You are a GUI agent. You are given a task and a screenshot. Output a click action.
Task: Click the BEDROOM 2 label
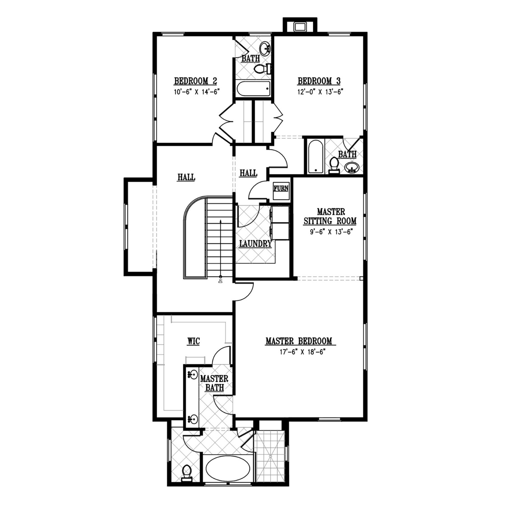point(196,81)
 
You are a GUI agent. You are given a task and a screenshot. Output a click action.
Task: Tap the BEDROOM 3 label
point(319,81)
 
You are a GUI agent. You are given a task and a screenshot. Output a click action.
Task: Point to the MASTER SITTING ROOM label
point(330,216)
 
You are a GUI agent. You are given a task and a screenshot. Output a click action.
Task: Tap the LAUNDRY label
point(255,244)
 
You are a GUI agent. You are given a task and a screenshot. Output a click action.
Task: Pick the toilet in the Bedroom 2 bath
point(262,68)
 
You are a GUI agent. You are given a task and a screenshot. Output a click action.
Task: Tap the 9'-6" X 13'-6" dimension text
point(330,232)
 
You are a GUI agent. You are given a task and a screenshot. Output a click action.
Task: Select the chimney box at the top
point(300,26)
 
